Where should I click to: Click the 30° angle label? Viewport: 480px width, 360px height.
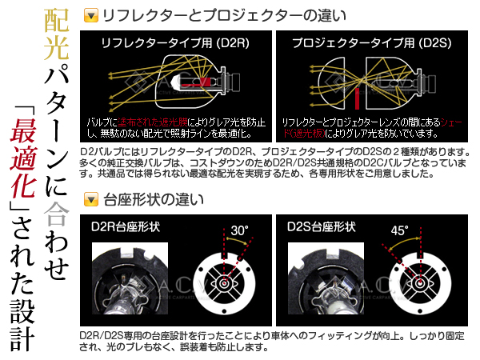(x=239, y=230)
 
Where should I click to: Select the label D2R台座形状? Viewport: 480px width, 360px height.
(x=126, y=227)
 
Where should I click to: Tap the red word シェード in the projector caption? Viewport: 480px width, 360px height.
(x=452, y=121)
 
